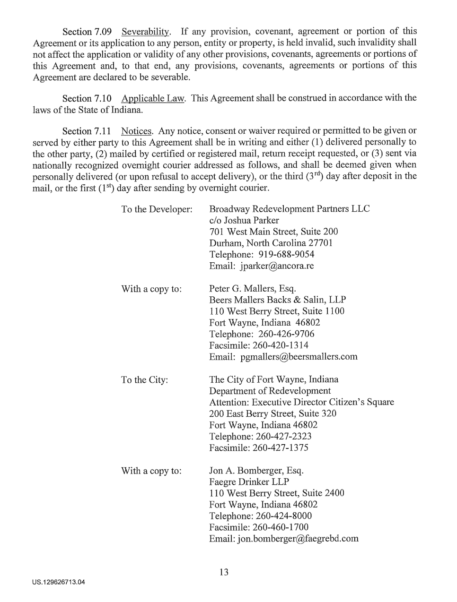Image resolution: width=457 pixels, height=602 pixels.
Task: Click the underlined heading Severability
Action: (145, 32)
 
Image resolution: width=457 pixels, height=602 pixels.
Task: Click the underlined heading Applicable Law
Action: (153, 99)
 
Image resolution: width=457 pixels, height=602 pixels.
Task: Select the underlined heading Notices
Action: (137, 131)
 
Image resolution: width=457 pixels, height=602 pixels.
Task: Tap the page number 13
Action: (224, 572)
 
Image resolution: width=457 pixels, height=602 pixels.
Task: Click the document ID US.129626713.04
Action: (59, 582)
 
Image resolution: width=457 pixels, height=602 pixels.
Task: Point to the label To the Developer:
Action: (157, 209)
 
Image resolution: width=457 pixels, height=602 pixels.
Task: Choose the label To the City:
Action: (144, 380)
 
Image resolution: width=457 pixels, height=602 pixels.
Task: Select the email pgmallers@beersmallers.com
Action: (299, 357)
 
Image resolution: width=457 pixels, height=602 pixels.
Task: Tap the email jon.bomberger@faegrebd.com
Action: (298, 539)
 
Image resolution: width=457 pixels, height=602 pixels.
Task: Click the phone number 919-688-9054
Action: (286, 255)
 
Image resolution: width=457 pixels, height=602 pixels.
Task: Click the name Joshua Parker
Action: (251, 221)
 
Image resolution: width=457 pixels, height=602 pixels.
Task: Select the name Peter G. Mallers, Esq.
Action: (253, 289)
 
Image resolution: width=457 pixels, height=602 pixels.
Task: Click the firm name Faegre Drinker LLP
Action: (249, 482)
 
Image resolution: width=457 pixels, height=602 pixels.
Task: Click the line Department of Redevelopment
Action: (270, 391)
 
